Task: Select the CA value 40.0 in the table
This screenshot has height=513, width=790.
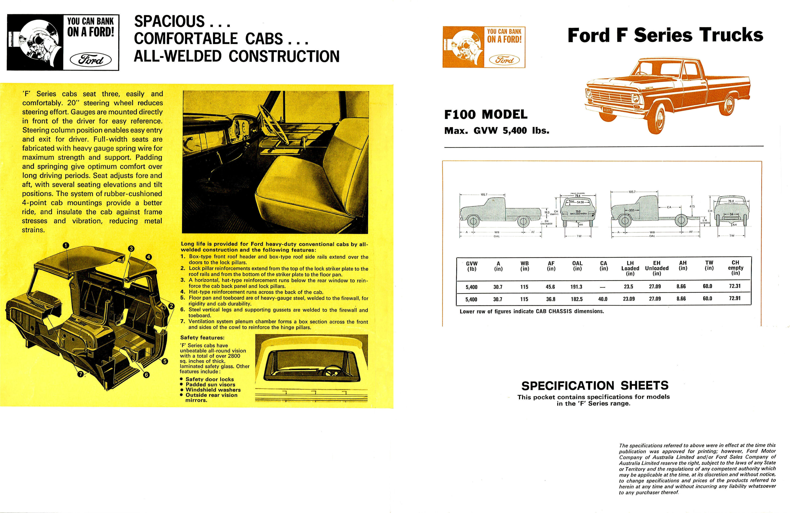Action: click(603, 299)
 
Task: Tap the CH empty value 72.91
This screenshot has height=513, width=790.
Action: click(735, 298)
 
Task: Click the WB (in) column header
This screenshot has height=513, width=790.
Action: click(525, 266)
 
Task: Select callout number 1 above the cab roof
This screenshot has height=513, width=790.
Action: click(66, 245)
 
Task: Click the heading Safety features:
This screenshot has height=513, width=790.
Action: click(202, 338)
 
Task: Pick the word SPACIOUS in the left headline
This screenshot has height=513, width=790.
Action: click(169, 22)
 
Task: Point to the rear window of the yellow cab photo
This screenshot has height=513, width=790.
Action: click(311, 364)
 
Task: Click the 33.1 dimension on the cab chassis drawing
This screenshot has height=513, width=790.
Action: click(631, 210)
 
